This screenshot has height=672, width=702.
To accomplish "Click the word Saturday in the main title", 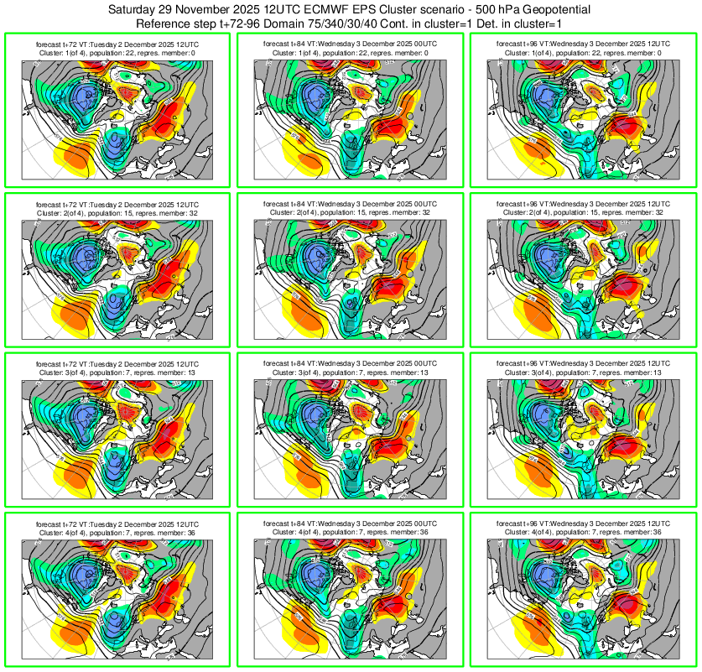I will click(137, 8).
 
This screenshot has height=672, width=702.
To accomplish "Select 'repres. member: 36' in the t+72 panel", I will click(161, 532).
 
